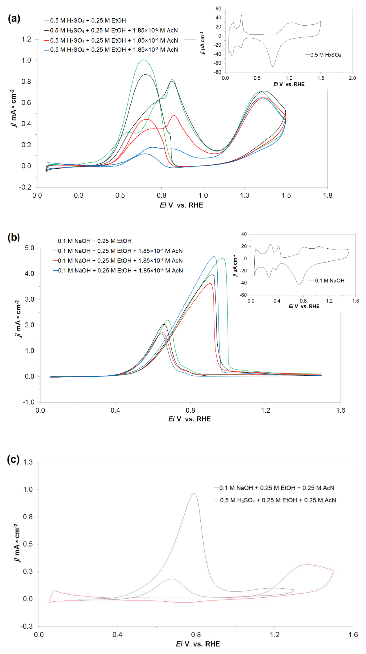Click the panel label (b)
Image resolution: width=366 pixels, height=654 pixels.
pyautogui.click(x=14, y=237)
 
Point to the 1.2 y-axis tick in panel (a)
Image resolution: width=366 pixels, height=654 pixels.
pyautogui.click(x=26, y=39)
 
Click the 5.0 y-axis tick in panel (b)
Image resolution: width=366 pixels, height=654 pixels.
pyautogui.click(x=29, y=248)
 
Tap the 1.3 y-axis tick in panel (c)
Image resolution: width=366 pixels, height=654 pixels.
pyautogui.click(x=28, y=462)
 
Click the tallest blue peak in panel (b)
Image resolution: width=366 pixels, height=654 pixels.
pyautogui.click(x=214, y=257)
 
